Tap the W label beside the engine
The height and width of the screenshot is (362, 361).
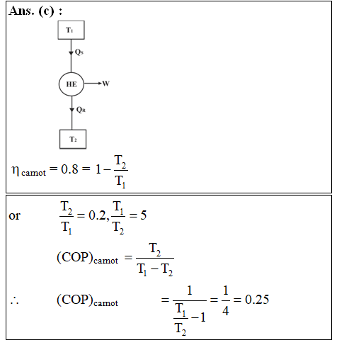tap(106, 84)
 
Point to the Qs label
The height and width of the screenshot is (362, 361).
tap(79, 52)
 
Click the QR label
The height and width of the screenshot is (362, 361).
tap(81, 110)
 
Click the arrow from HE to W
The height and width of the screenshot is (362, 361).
tap(93, 83)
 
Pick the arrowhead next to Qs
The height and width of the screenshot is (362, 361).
tap(71, 53)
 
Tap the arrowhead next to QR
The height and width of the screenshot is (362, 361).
tap(72, 110)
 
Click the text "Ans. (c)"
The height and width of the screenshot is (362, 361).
tap(32, 11)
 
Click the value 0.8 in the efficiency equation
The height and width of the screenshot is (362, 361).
tap(69, 169)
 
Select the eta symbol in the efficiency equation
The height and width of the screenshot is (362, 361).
tap(16, 170)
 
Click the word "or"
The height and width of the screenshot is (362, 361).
tap(15, 215)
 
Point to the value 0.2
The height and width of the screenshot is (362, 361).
tap(98, 215)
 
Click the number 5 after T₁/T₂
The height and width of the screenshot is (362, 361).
tap(144, 215)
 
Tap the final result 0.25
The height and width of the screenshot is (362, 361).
tap(257, 300)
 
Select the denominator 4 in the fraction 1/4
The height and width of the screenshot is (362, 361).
tap(226, 310)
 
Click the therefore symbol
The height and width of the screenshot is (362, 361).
tap(15, 301)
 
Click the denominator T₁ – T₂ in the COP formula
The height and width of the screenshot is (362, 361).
tap(155, 269)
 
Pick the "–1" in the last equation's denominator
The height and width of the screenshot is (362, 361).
tap(198, 317)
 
